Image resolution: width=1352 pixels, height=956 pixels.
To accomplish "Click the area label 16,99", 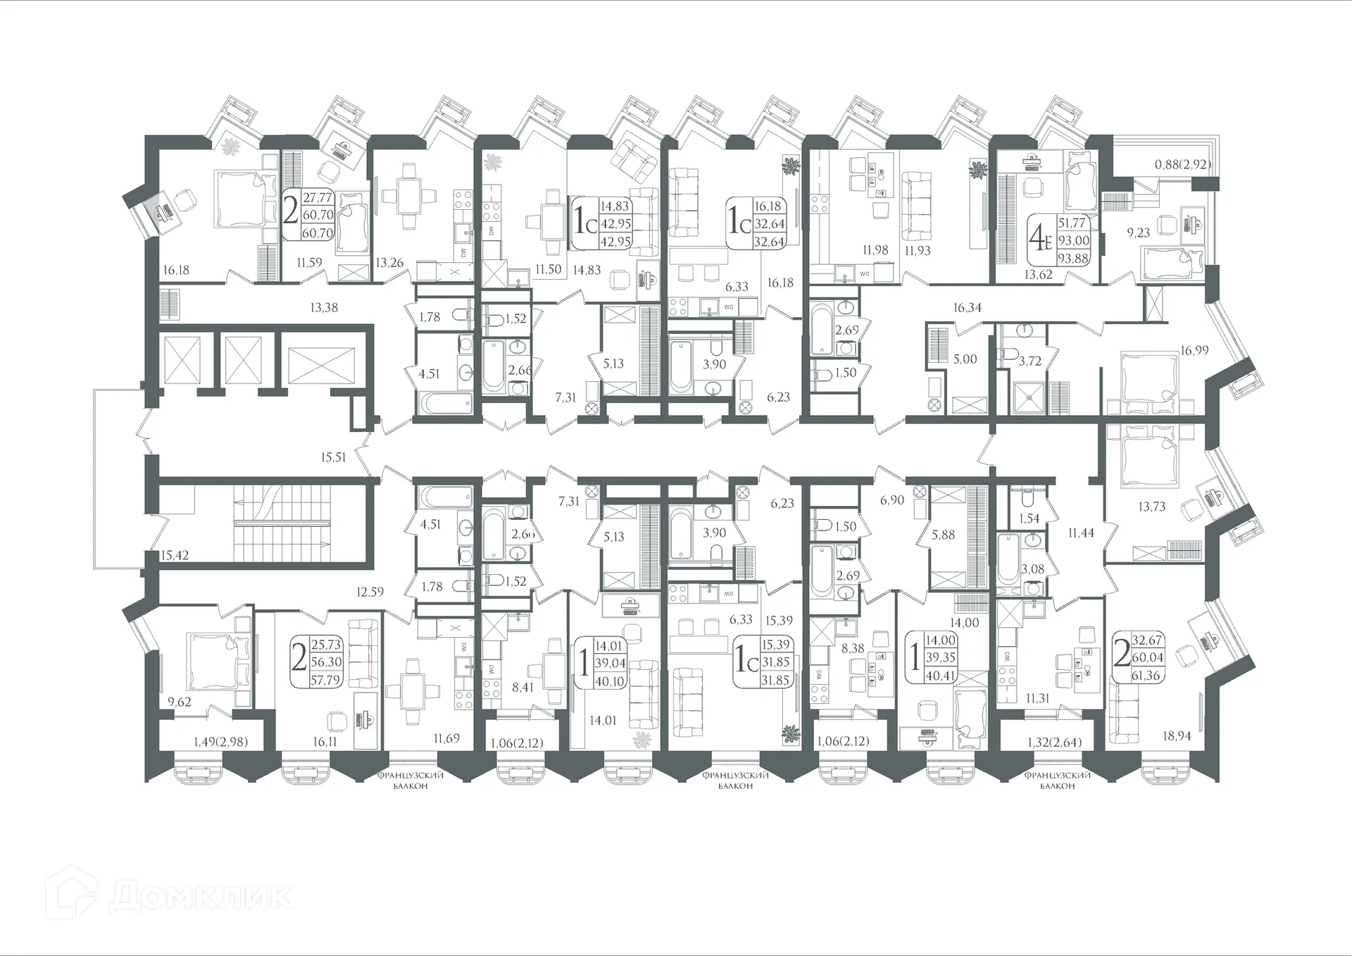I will [x=1194, y=349].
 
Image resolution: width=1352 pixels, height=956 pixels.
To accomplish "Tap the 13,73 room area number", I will [x=1152, y=506].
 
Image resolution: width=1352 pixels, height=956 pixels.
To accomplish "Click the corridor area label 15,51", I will [x=333, y=457].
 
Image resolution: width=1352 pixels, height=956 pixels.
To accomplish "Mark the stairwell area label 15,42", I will [x=175, y=555].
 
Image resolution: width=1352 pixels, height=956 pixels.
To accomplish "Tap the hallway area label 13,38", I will [x=323, y=306].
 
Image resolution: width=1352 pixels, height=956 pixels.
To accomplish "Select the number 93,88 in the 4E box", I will [x=1073, y=259].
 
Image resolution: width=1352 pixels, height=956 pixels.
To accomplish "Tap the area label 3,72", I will [x=1029, y=361].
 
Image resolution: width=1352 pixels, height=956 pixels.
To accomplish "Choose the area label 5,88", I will [x=943, y=535].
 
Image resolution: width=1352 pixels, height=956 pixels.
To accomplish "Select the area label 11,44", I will [x=1081, y=533].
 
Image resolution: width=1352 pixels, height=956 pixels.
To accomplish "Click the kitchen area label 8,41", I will [x=522, y=687].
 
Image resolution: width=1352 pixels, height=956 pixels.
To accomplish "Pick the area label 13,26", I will [x=389, y=263].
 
